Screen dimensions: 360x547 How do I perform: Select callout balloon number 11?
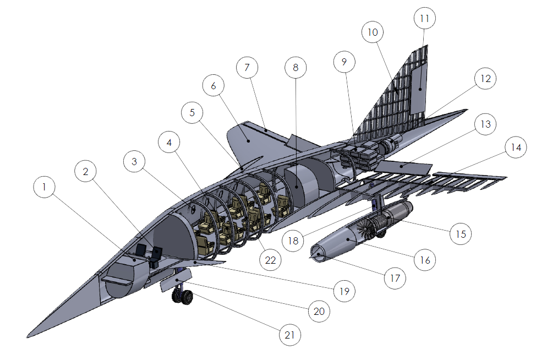click(x=424, y=19)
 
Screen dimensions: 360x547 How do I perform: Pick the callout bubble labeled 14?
click(x=515, y=148)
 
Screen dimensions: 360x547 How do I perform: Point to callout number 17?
click(x=395, y=277)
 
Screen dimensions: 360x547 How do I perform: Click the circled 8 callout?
click(x=296, y=68)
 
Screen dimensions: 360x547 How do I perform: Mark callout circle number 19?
click(x=344, y=291)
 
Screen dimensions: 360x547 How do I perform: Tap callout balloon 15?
click(x=461, y=233)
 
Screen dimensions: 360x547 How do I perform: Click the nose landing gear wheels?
click(x=183, y=296)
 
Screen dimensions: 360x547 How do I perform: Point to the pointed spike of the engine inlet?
click(x=316, y=254)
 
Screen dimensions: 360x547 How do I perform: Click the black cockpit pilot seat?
click(x=157, y=254)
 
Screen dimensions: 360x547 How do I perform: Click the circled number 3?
click(x=134, y=162)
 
